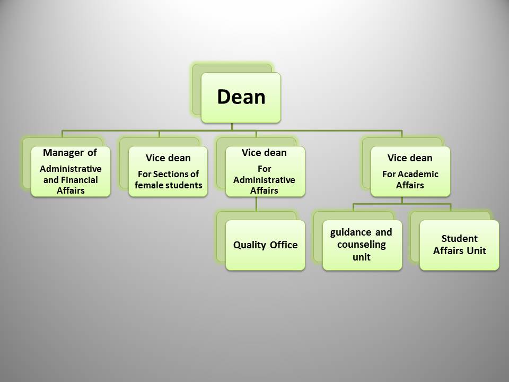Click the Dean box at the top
241,98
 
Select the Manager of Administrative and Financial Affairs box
71,171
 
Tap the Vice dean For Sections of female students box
168,171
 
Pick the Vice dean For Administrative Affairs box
265,171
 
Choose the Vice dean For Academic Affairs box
410,171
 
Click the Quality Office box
265,245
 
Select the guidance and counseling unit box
362,245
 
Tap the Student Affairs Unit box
459,245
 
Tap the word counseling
361,245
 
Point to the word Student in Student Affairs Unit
459,238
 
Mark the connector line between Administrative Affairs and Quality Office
257,204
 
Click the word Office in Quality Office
284,245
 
